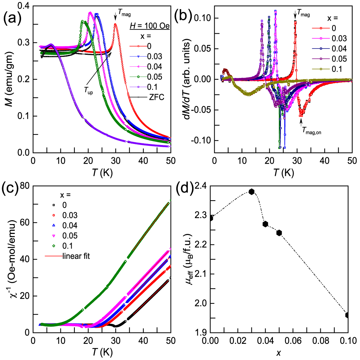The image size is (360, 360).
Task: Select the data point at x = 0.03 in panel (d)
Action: tap(251, 191)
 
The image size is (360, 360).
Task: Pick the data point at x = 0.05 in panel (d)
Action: tap(279, 233)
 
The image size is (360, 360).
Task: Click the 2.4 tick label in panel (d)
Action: tap(199, 186)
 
